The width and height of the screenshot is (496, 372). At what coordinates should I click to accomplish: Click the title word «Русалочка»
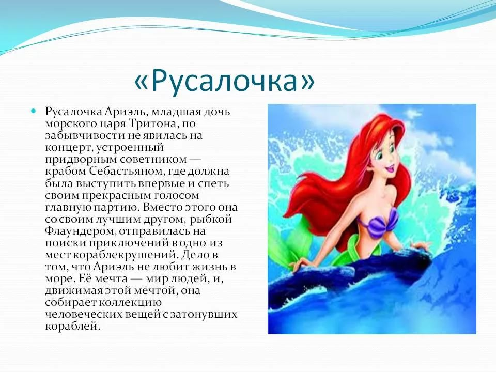coord(224,81)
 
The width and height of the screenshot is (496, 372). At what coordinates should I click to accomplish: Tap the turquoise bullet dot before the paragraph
coord(34,111)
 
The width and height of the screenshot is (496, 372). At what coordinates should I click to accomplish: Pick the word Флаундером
coord(81,231)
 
